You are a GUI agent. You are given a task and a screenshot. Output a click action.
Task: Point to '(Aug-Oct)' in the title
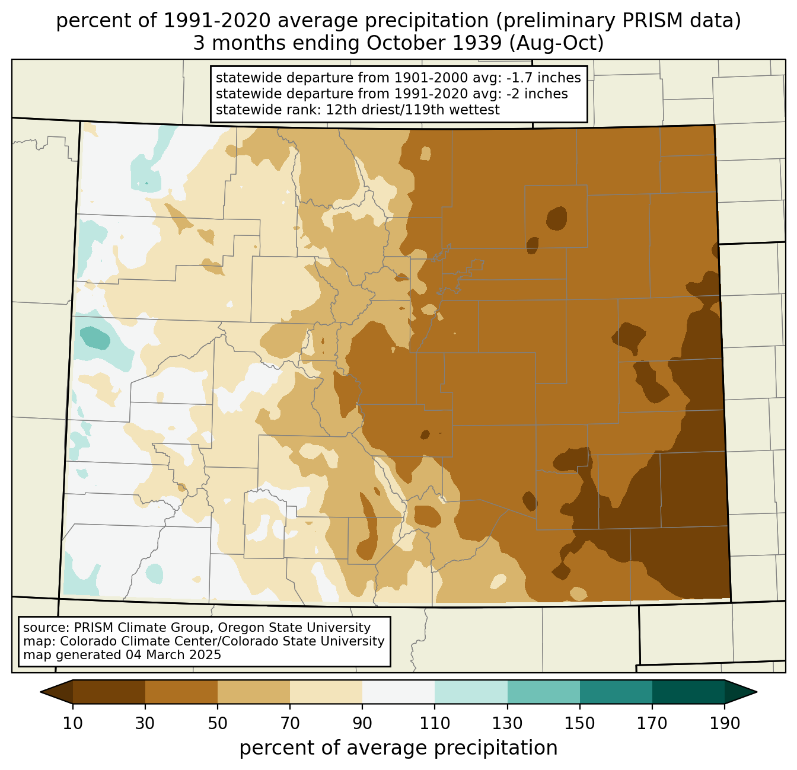pyautogui.click(x=556, y=43)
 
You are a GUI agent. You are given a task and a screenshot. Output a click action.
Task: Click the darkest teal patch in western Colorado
pyautogui.click(x=95, y=338)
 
